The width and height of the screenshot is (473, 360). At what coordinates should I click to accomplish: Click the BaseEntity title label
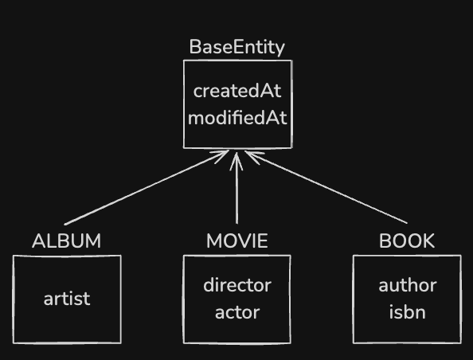pyautogui.click(x=236, y=47)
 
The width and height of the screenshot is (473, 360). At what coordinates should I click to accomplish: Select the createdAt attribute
pyautogui.click(x=236, y=90)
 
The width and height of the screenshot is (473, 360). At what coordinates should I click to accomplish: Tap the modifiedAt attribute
pyautogui.click(x=236, y=118)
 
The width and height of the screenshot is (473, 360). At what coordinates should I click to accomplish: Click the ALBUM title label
pyautogui.click(x=67, y=241)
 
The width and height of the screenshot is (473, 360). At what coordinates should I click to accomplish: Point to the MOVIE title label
pyautogui.click(x=236, y=241)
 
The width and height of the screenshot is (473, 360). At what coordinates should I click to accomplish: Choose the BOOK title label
pyautogui.click(x=407, y=241)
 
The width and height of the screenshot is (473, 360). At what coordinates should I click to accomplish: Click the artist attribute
pyautogui.click(x=67, y=299)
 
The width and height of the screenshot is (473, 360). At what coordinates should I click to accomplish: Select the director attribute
pyautogui.click(x=236, y=285)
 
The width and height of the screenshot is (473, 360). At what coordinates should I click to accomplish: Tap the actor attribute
pyautogui.click(x=236, y=311)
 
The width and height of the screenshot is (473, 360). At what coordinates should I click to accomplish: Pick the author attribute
pyautogui.click(x=407, y=285)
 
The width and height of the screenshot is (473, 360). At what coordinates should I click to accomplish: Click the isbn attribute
pyautogui.click(x=407, y=311)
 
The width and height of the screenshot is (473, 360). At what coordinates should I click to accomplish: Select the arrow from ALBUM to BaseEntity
pyautogui.click(x=143, y=189)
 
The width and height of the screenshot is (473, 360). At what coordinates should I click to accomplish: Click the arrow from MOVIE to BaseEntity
pyautogui.click(x=236, y=191)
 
